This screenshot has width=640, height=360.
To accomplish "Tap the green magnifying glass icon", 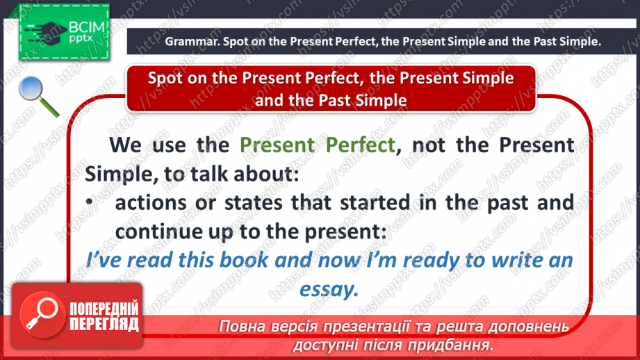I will [x=39, y=97].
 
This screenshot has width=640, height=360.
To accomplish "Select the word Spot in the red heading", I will [x=165, y=77].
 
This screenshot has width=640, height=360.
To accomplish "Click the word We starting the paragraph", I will [x=125, y=145].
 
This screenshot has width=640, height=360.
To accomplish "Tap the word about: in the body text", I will [x=264, y=174].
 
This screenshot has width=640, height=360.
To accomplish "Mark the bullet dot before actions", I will [x=90, y=202].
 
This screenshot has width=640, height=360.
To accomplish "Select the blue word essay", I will [x=328, y=288].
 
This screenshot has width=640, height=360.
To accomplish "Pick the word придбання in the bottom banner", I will [x=453, y=344].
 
